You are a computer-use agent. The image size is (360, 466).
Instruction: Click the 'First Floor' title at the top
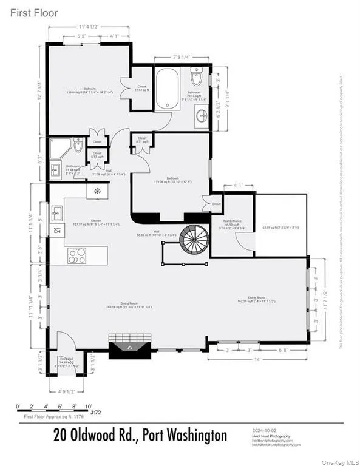click(33, 13)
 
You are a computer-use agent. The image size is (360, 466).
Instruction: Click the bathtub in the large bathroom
click(167, 89)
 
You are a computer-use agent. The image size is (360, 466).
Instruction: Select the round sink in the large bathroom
click(202, 115)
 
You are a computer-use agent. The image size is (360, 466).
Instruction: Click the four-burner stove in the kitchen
click(77, 255)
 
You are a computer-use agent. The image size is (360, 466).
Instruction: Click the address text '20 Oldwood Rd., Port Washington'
click(140, 435)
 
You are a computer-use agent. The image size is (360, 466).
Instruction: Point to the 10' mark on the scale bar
click(89, 406)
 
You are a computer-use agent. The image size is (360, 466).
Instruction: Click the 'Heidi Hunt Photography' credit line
click(271, 436)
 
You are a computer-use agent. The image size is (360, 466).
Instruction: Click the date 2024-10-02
click(265, 430)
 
